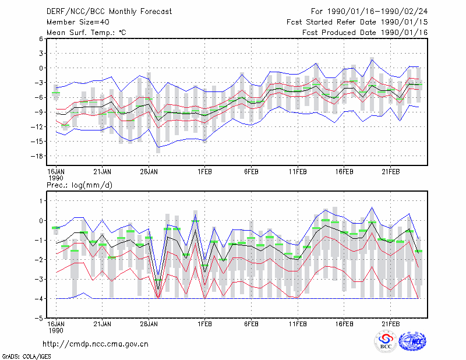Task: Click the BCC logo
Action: (386, 341)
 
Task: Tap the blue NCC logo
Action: (412, 341)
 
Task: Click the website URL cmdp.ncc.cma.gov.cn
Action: (96, 344)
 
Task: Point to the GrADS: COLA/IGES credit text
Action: (26, 357)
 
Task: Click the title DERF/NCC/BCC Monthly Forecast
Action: (109, 12)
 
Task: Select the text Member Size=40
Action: (78, 22)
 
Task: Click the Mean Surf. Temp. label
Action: (86, 33)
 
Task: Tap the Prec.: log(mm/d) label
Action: (79, 185)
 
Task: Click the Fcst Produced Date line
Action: (365, 33)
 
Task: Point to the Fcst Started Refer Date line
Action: (357, 22)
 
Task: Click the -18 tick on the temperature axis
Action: (37, 156)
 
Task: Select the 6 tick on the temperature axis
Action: (41, 38)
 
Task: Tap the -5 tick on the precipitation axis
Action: (39, 318)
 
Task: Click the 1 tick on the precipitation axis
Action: (41, 201)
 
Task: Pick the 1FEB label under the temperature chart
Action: (204, 172)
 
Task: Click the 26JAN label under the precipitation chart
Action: (149, 324)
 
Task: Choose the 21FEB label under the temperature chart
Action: (390, 172)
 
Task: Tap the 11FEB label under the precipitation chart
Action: (298, 324)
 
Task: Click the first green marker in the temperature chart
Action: (56, 93)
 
